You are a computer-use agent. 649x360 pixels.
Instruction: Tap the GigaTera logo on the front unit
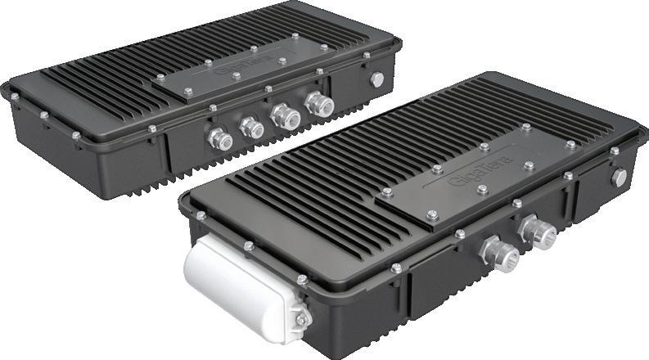[480, 170]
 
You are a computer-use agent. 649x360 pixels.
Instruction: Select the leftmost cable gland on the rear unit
[221, 139]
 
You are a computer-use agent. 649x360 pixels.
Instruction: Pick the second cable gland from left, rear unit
[251, 127]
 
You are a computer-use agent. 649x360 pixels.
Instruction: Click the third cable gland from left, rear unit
[285, 117]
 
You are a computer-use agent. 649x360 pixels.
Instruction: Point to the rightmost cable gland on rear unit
[319, 104]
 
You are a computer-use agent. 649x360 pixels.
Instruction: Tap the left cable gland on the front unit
[499, 254]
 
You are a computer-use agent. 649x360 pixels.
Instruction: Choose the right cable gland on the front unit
[538, 232]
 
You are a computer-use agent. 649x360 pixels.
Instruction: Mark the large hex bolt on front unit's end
[619, 178]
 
